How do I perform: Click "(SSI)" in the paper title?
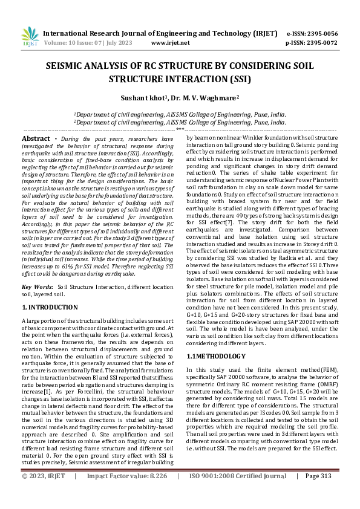point(237,79)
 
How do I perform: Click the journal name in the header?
point(161,33)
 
